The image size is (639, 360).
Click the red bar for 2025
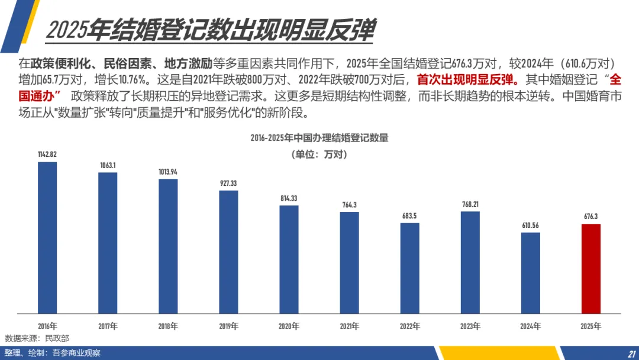pyautogui.click(x=590, y=269)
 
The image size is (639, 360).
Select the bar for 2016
pyautogui.click(x=47, y=237)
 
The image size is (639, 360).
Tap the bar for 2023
pyautogui.click(x=470, y=262)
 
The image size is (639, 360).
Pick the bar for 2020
pyautogui.click(x=289, y=259)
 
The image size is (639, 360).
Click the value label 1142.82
pyautogui.click(x=47, y=154)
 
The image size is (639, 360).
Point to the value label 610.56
pyautogui.click(x=530, y=225)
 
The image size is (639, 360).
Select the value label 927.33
pyautogui.click(x=228, y=183)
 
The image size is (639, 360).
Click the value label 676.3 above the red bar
pyautogui.click(x=590, y=216)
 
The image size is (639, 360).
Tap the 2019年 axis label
pyautogui.click(x=228, y=326)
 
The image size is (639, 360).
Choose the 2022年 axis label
pyautogui.click(x=409, y=326)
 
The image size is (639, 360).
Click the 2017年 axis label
pyautogui.click(x=108, y=326)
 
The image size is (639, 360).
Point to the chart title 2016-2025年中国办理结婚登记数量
pyautogui.click(x=319, y=138)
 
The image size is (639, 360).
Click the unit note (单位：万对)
pyautogui.click(x=319, y=155)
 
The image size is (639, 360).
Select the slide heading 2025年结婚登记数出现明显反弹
pyautogui.click(x=210, y=30)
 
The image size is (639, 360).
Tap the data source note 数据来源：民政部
pyautogui.click(x=37, y=339)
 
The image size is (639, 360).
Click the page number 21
pyautogui.click(x=632, y=354)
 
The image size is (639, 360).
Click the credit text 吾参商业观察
pyautogui.click(x=76, y=353)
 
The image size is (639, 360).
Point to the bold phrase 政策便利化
pyautogui.click(x=60, y=63)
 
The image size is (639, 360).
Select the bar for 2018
pyautogui.click(x=168, y=246)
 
